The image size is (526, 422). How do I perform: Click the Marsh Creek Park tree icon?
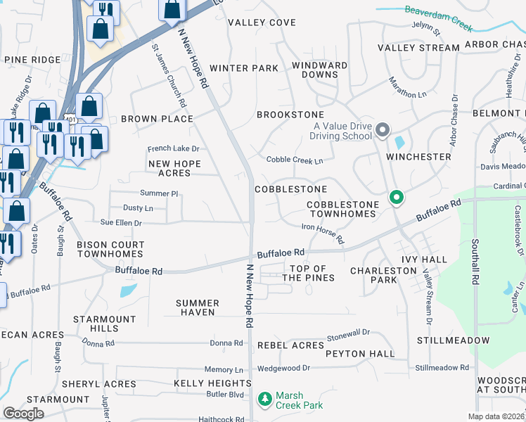265,400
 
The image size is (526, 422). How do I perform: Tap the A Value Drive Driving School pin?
383,130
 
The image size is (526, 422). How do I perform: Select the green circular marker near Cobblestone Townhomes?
397,198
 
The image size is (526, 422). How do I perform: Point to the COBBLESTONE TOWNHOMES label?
342,209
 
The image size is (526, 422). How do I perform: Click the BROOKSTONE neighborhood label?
290,115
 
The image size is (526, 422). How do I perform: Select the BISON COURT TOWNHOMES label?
110,249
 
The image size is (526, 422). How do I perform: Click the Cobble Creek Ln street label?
295,160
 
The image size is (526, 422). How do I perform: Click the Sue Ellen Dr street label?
122,222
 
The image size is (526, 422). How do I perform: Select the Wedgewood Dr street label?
283,368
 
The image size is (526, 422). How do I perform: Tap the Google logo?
23,414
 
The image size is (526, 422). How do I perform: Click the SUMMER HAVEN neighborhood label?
198,307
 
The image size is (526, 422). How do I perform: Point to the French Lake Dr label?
174,149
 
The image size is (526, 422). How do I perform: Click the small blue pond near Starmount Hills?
129,290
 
